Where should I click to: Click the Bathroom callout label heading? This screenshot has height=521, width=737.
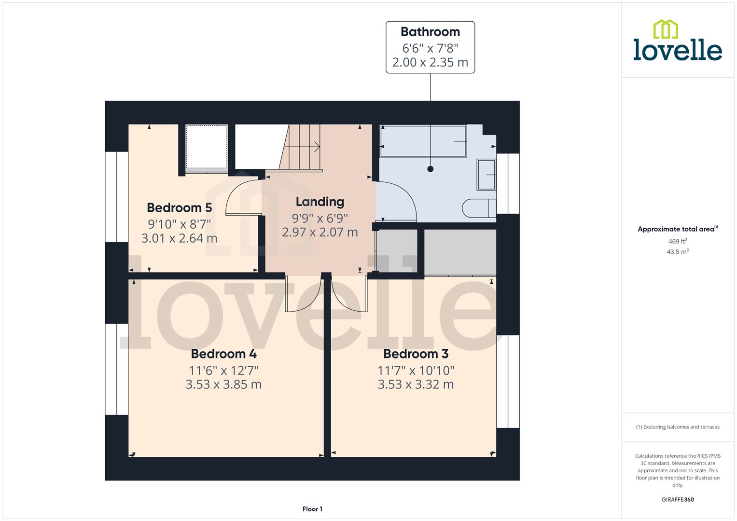click(430, 32)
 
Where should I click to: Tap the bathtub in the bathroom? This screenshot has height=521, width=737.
click(423, 141)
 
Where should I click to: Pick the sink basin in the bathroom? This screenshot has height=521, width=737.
click(486, 175)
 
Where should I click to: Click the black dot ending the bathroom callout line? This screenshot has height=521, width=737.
click(430, 169)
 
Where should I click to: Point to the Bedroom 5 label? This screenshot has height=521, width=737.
click(179, 208)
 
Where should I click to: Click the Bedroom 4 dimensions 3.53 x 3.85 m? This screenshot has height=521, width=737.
click(223, 384)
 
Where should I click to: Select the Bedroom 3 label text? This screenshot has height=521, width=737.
click(416, 354)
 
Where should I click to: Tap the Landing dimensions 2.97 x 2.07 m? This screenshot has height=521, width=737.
click(320, 232)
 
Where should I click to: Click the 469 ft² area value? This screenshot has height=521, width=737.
click(677, 241)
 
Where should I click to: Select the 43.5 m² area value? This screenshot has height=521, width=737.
click(677, 252)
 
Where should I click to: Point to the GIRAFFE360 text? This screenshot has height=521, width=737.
click(677, 499)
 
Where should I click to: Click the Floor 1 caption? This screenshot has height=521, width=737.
click(312, 509)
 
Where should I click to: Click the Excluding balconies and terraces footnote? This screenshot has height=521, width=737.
click(677, 427)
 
